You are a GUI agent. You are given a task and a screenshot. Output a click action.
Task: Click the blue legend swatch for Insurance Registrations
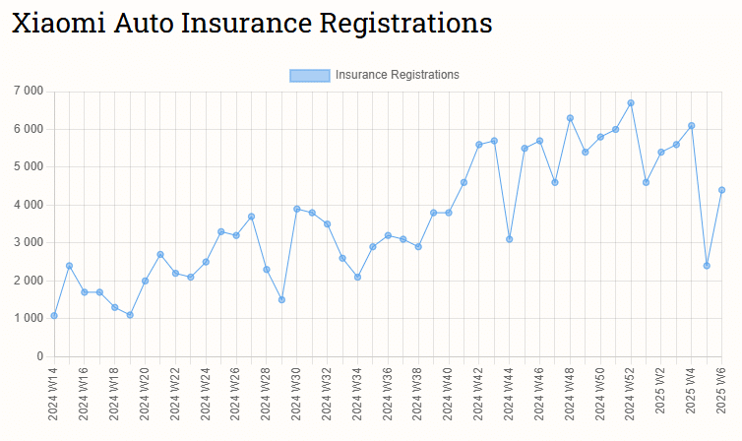[309, 75]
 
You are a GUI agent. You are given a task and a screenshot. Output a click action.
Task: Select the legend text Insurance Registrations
[397, 75]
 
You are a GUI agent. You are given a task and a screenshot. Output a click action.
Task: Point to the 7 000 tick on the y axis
[28, 92]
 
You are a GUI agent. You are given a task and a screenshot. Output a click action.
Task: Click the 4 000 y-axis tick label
[28, 205]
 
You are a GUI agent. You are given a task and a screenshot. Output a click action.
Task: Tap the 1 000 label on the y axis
[28, 318]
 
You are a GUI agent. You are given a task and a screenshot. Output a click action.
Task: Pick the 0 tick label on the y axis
[39, 356]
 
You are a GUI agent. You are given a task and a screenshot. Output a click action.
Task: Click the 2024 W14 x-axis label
[54, 394]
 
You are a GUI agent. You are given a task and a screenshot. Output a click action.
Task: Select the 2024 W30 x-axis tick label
[297, 394]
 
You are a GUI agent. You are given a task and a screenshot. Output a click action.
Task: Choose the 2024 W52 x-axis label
[631, 394]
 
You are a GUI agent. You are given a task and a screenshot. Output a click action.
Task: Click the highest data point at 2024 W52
[631, 103]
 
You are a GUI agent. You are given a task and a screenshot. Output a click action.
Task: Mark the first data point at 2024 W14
[54, 315]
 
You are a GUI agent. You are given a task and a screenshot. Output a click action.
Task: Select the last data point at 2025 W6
[721, 190]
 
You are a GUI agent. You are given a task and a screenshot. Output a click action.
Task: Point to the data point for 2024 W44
[510, 239]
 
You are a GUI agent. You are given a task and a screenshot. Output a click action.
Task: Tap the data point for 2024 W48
[570, 118]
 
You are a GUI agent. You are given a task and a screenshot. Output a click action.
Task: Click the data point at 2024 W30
[297, 209]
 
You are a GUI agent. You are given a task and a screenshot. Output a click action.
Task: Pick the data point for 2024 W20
[145, 281]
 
